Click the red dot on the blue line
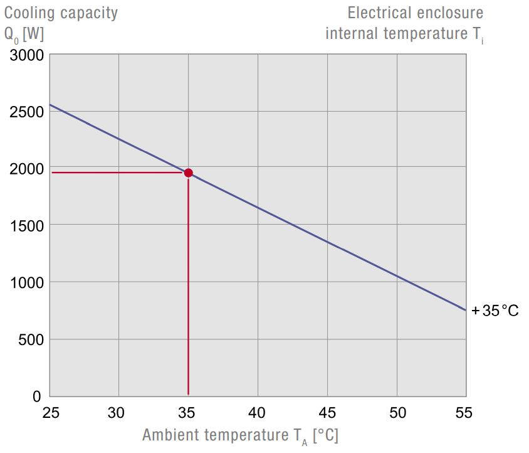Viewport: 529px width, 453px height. [x=188, y=173]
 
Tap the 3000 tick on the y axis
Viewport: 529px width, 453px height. [x=27, y=55]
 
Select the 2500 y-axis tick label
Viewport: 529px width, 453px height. [x=27, y=112]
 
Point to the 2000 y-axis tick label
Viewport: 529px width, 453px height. [x=27, y=169]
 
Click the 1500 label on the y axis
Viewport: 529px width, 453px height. [x=27, y=226]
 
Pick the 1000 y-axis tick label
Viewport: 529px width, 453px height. [x=27, y=283]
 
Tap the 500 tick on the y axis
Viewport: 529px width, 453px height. [x=31, y=340]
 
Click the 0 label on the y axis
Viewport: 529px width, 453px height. [x=37, y=397]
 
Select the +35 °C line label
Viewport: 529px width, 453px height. [x=495, y=311]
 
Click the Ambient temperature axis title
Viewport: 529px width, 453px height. [x=240, y=435]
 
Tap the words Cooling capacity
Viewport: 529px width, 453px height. [x=61, y=13]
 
